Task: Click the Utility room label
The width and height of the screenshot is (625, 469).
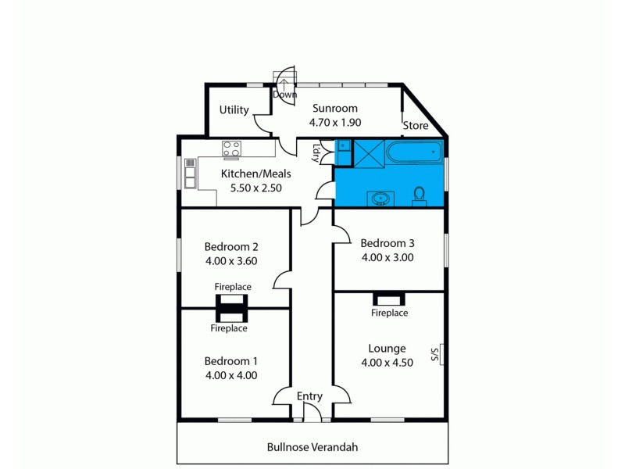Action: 234,109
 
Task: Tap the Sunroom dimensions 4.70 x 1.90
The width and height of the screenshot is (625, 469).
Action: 335,122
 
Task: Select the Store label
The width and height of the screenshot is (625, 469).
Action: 416,125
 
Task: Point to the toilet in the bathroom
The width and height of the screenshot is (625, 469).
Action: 419,195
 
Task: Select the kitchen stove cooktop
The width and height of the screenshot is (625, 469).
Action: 231,149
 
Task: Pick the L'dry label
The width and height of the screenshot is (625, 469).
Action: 316,152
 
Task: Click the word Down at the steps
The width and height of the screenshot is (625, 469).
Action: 285,95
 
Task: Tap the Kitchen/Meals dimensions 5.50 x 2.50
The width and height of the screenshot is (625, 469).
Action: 255,188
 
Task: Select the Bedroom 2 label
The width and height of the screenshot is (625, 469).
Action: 231,247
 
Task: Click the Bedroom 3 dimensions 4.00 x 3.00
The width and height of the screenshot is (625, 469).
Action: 387,256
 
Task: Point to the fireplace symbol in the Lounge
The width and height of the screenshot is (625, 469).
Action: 388,299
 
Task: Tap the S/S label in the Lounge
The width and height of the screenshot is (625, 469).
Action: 435,354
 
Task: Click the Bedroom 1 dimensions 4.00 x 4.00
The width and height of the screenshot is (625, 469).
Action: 231,374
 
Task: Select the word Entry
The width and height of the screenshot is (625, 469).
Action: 309,396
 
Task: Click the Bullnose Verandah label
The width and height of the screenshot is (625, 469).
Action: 312,447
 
